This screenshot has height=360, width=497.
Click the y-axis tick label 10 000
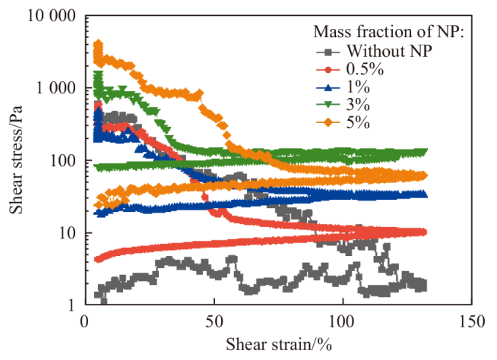click(x=47, y=16)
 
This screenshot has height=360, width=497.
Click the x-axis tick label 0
click(x=84, y=321)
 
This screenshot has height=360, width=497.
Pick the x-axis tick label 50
click(x=214, y=321)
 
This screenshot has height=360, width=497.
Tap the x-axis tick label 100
click(x=343, y=321)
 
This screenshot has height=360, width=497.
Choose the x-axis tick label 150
click(x=472, y=321)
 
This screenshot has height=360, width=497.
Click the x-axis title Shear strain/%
click(x=278, y=346)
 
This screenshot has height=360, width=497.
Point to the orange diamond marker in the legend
click(x=328, y=123)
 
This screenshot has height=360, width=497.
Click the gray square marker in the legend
click(x=328, y=52)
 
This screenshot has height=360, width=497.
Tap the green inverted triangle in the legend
click(x=328, y=106)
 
